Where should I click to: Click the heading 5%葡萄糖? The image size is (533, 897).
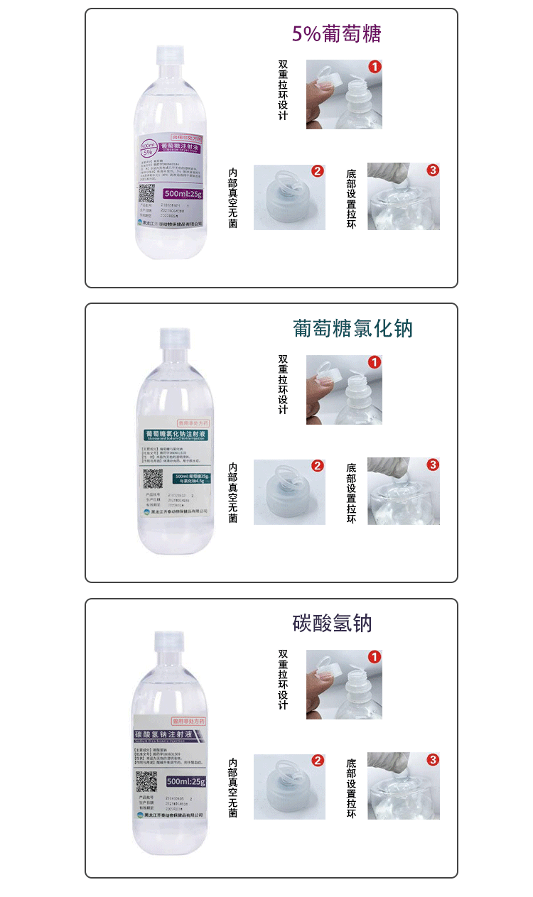[x=337, y=34]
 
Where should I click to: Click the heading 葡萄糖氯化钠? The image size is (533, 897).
[x=352, y=328]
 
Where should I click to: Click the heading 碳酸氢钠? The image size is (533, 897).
[x=332, y=624]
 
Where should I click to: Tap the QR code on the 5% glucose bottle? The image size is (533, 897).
[x=146, y=192]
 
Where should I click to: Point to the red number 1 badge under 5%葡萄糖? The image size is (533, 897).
[x=375, y=67]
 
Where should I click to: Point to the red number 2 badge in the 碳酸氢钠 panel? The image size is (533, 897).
[x=318, y=761]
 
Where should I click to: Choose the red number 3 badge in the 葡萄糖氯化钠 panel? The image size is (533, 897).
[x=433, y=465]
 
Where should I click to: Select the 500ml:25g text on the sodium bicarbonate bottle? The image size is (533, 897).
[x=185, y=781]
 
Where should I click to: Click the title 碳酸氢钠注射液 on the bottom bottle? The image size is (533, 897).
[x=170, y=733]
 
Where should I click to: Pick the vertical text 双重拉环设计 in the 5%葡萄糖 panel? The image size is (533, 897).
[x=283, y=89]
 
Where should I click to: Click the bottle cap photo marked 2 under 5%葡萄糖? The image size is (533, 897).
[x=289, y=197]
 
